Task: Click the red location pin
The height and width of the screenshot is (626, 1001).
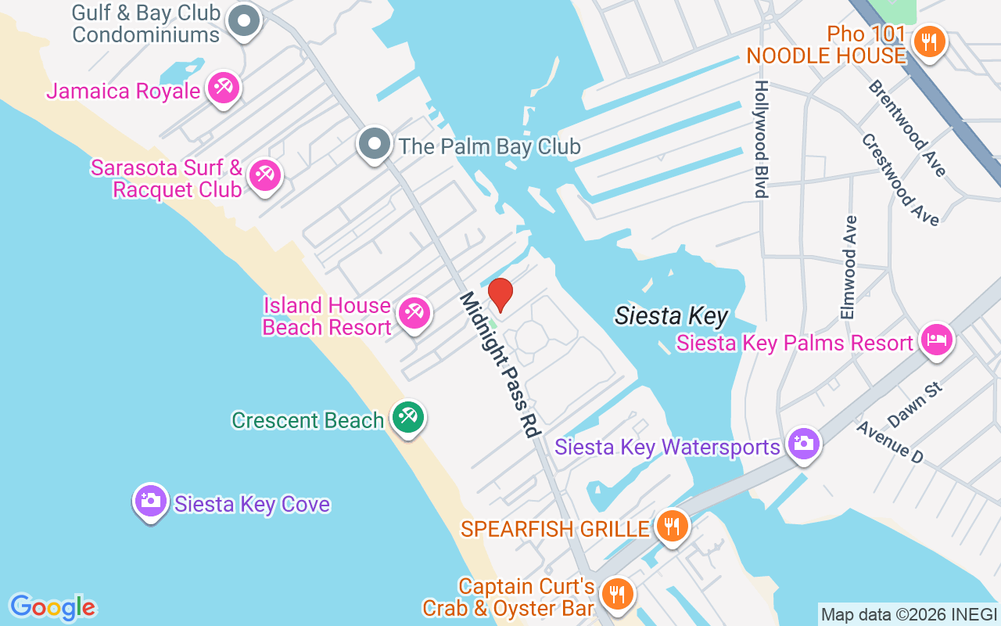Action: [x=500, y=295]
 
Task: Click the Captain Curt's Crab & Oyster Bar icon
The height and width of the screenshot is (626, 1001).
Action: [x=618, y=593]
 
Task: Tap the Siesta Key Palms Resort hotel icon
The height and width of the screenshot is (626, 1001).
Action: [x=936, y=340]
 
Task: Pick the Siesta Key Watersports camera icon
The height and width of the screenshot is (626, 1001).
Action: [x=803, y=444]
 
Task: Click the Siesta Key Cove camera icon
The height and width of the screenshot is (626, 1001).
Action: [x=150, y=500]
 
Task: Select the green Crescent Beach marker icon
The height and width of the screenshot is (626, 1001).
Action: [x=407, y=417]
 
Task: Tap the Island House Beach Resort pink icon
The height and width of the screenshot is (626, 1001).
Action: [x=413, y=314]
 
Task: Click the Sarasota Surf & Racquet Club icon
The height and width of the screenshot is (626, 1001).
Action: [x=264, y=175]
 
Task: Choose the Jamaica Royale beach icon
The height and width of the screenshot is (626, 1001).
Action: [x=224, y=88]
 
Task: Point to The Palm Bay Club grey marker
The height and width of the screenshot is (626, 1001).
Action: [x=375, y=144]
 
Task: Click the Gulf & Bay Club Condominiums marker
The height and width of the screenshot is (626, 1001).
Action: [x=244, y=21]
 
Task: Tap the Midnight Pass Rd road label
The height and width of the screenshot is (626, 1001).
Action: [x=500, y=364]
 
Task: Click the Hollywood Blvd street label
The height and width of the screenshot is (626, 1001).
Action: [x=760, y=139]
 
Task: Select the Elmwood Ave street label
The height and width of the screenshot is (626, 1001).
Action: [x=849, y=267]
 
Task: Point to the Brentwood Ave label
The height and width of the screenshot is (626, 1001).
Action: [x=907, y=128]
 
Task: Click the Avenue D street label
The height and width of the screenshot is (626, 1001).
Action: [x=889, y=441]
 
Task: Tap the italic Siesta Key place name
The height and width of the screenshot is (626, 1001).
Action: [x=671, y=316]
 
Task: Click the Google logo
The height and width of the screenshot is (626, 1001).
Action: [x=52, y=607]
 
